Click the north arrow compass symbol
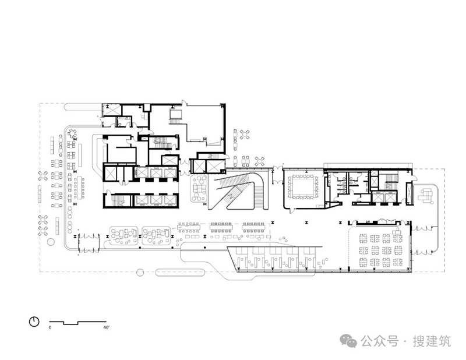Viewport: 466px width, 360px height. click(34, 322)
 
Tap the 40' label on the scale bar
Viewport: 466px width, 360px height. click(106, 327)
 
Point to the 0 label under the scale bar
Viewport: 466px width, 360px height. click(50, 327)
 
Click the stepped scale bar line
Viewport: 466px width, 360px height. click(78, 323)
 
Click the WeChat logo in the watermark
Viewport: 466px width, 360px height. click(348, 341)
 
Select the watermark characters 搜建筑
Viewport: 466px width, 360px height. click(432, 341)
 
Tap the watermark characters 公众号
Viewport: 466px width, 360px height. click(380, 341)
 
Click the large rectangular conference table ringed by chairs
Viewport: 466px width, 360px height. click(302, 187)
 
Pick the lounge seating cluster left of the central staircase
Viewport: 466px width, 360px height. click(199, 189)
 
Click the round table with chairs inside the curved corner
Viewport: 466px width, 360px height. click(72, 133)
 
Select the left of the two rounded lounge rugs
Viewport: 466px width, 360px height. click(123, 236)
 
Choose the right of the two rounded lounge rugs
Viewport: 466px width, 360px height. click(156, 236)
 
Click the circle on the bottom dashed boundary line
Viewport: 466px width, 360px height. click(140, 272)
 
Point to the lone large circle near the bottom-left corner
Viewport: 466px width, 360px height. click(51, 242)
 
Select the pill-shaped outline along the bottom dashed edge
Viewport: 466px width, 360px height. click(180, 272)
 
